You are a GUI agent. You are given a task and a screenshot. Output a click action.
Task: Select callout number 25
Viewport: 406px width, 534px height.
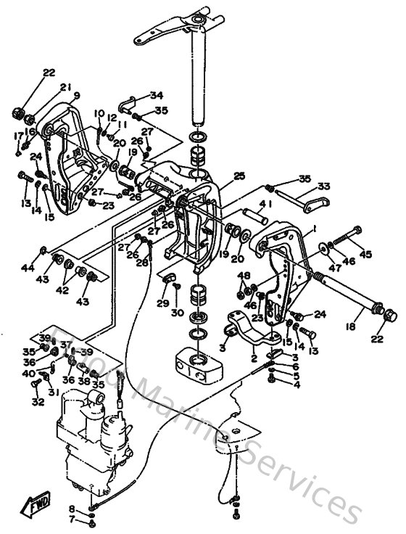click(x=239, y=176)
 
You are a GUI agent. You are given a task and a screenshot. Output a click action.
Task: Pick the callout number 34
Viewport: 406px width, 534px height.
click(x=157, y=96)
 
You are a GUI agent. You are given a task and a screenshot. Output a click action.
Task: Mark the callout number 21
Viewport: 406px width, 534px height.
click(x=65, y=88)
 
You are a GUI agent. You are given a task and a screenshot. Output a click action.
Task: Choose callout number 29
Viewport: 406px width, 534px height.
click(x=162, y=303)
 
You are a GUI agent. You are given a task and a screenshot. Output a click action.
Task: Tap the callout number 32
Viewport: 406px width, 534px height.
click(x=38, y=401)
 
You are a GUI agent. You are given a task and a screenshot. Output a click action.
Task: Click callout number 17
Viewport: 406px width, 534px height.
click(x=18, y=136)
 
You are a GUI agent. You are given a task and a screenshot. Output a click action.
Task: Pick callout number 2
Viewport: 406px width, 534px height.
click(x=254, y=358)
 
